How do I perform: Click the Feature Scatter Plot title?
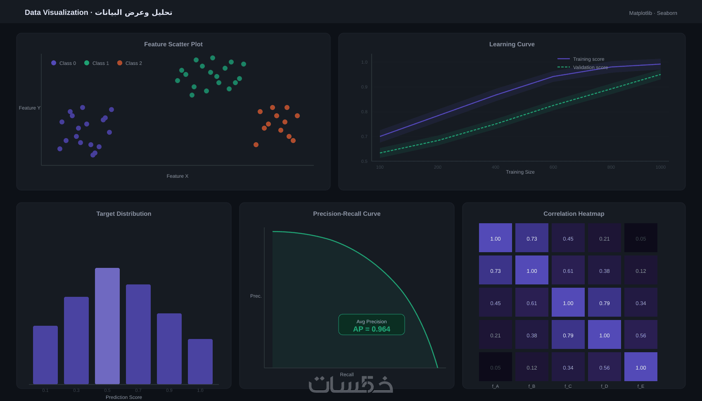[x=173, y=44]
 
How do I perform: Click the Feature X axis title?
[x=178, y=176]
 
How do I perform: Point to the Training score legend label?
[x=588, y=59]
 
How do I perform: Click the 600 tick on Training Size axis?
[x=553, y=167]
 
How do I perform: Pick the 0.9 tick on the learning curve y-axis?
[x=364, y=87]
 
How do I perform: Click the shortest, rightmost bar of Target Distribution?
[x=200, y=361]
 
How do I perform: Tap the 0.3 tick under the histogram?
[x=76, y=390]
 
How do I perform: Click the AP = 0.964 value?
[x=372, y=329]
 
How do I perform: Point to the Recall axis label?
[x=347, y=375]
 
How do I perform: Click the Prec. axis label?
[x=256, y=296]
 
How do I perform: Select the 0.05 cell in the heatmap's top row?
[x=641, y=238]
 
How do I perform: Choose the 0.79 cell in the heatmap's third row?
[x=605, y=303]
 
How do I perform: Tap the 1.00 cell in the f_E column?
[x=641, y=367]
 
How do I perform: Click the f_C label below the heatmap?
[x=568, y=386]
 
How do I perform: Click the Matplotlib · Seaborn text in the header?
[x=653, y=13]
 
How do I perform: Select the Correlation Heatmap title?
[x=574, y=214]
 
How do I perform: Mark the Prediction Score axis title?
[x=124, y=397]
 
